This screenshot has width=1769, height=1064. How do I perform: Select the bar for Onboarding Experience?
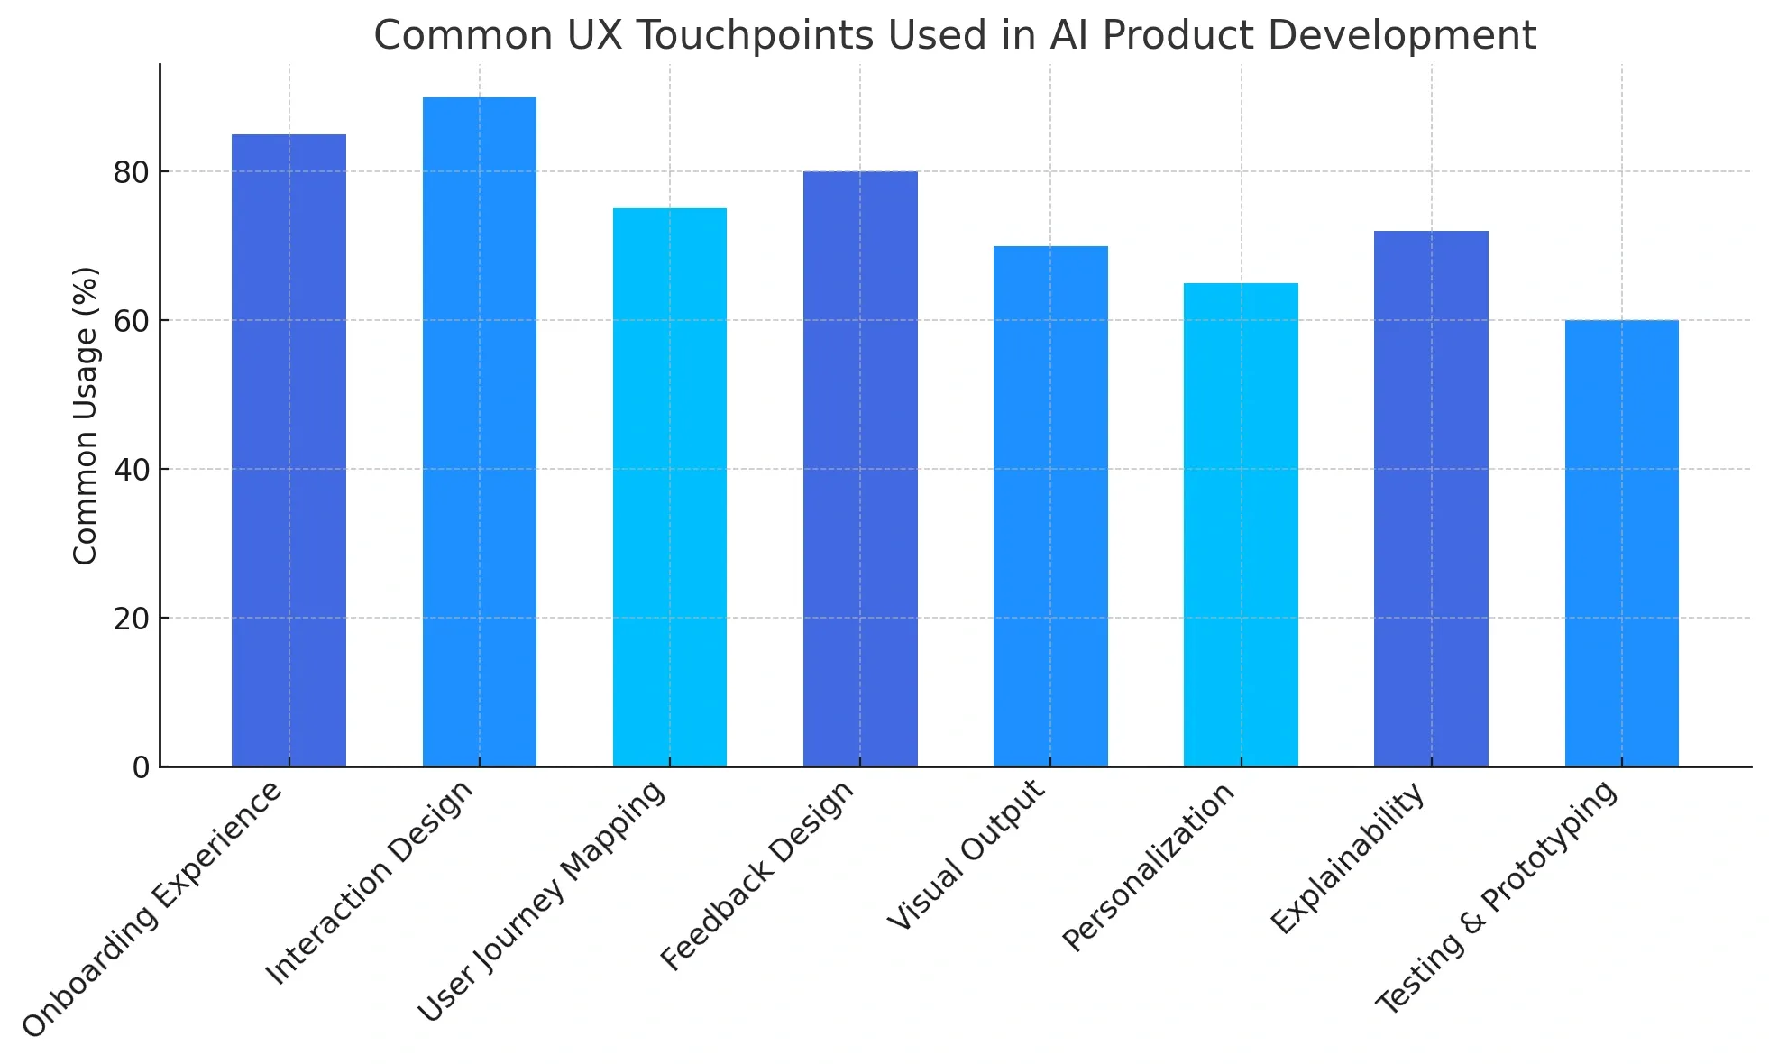pos(289,451)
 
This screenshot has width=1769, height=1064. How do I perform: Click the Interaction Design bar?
pos(479,432)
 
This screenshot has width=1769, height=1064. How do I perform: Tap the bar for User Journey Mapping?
pos(669,488)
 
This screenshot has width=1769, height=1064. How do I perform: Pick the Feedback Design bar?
pos(860,469)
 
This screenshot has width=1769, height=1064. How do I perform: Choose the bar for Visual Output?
pos(1050,506)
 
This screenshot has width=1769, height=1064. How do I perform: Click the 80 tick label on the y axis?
pos(132,172)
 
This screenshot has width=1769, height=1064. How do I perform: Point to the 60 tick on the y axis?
pos(132,321)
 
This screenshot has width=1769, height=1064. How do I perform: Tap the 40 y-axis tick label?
pos(132,470)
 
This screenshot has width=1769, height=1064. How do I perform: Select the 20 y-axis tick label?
pos(132,619)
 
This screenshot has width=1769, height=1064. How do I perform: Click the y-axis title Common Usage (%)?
pos(85,416)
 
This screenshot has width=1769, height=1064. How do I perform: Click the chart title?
pos(955,36)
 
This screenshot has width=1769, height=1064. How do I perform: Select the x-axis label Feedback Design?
pos(758,876)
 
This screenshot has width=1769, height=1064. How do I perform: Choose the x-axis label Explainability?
pos(1348,858)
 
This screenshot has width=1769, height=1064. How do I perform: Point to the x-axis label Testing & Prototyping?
pos(1497,897)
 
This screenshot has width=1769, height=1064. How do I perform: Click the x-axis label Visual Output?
pos(967,855)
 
